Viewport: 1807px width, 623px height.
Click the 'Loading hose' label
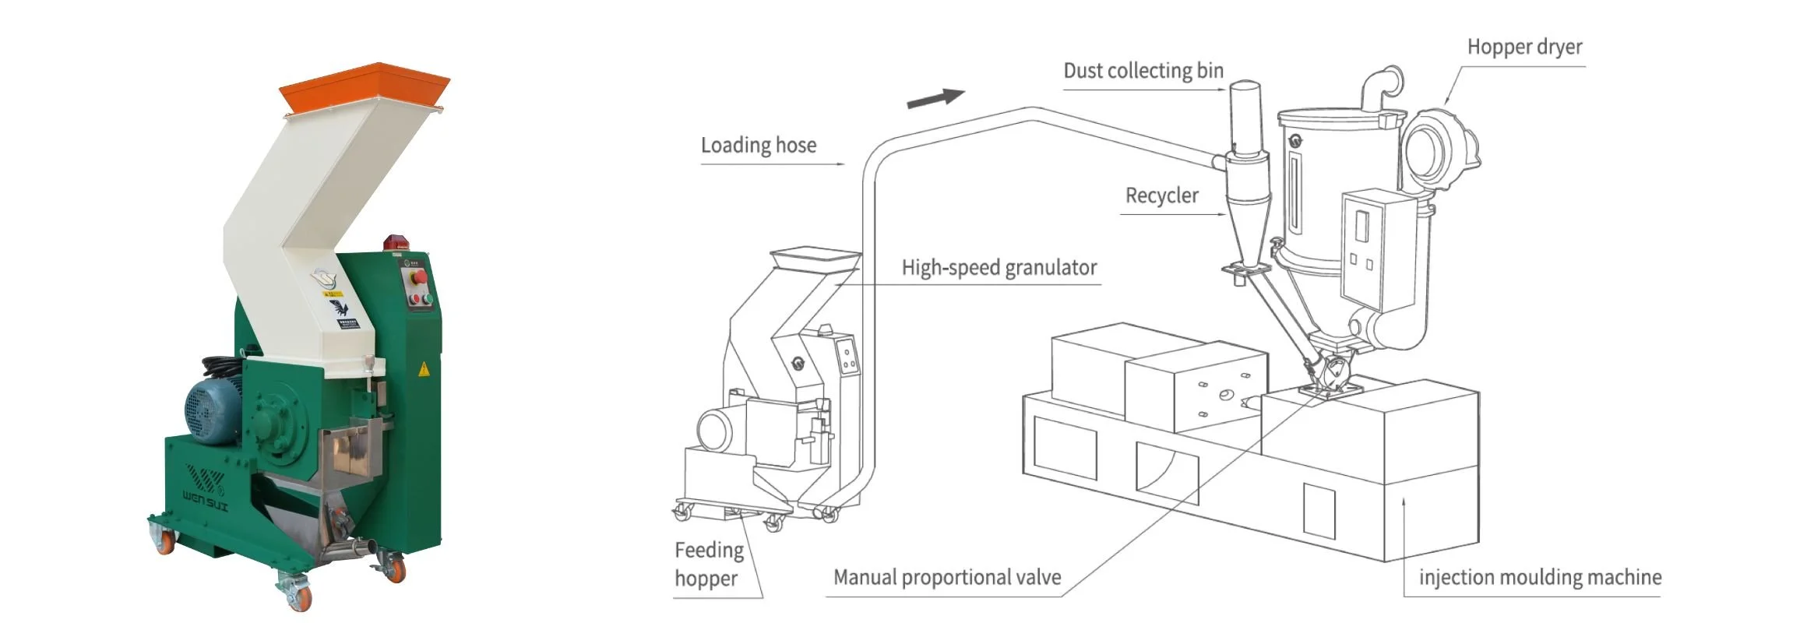click(x=758, y=146)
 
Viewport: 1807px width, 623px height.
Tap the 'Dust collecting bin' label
click(x=1143, y=71)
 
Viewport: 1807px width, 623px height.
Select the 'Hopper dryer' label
click(x=1524, y=48)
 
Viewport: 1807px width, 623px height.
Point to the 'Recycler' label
click(x=1161, y=195)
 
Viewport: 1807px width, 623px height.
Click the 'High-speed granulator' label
click(x=999, y=268)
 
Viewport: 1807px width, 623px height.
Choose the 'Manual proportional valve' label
click(x=946, y=577)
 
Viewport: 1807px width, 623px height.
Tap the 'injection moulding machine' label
click(x=1539, y=577)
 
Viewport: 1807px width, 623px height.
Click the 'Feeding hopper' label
click(x=708, y=564)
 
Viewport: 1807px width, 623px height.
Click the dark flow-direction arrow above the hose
click(x=935, y=98)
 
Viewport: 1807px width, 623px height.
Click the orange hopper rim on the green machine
click(x=365, y=86)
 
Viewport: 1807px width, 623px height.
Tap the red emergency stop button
click(x=417, y=276)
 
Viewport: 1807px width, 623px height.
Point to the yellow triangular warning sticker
click(x=424, y=369)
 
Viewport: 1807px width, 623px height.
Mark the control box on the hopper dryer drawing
click(x=1377, y=249)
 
